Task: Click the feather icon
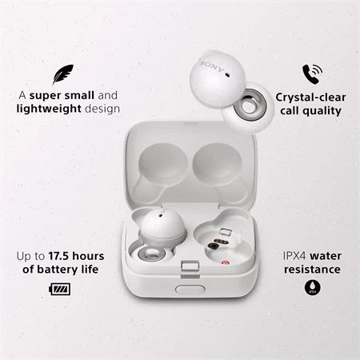tap(63, 74)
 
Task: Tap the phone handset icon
tap(311, 74)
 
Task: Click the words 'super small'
tap(65, 94)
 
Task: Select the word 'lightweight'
tap(47, 109)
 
